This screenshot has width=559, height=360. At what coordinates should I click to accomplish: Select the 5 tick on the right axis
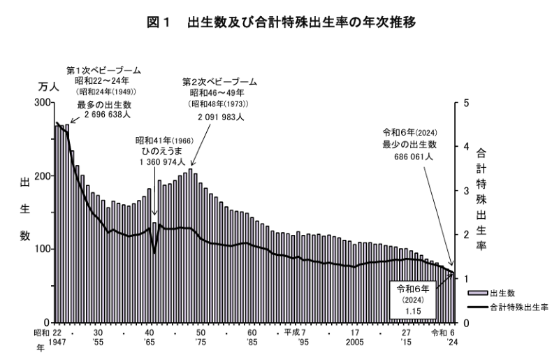tap(468, 103)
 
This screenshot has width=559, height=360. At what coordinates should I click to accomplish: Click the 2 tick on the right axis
tap(468, 234)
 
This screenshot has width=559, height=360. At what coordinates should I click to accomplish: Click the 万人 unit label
tap(45, 87)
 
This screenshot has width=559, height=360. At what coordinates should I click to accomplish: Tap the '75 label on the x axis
tap(201, 343)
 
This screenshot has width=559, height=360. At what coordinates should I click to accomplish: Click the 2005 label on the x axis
tap(355, 343)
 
